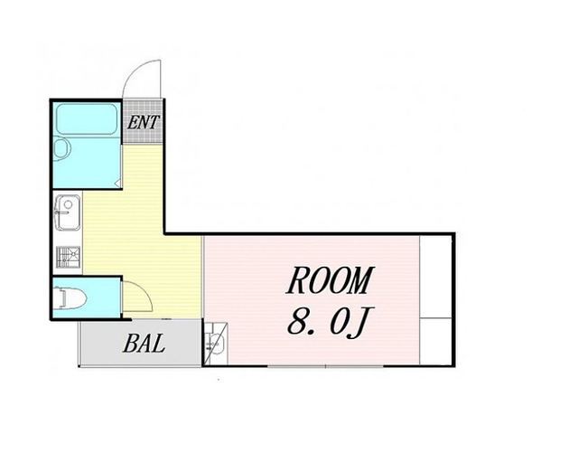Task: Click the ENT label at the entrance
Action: click(144, 122)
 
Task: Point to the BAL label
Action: click(144, 344)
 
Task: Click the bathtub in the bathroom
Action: click(87, 118)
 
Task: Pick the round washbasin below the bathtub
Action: click(61, 149)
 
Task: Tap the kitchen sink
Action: click(68, 212)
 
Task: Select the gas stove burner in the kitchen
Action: click(69, 257)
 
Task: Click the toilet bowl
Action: click(70, 298)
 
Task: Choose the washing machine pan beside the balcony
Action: click(216, 344)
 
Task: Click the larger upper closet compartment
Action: click(435, 276)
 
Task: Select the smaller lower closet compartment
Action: click(435, 341)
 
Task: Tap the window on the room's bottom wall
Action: click(325, 366)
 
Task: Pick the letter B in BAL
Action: click(130, 344)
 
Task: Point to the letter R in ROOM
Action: click(297, 280)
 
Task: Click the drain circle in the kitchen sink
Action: click(69, 203)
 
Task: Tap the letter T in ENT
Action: click(154, 122)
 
